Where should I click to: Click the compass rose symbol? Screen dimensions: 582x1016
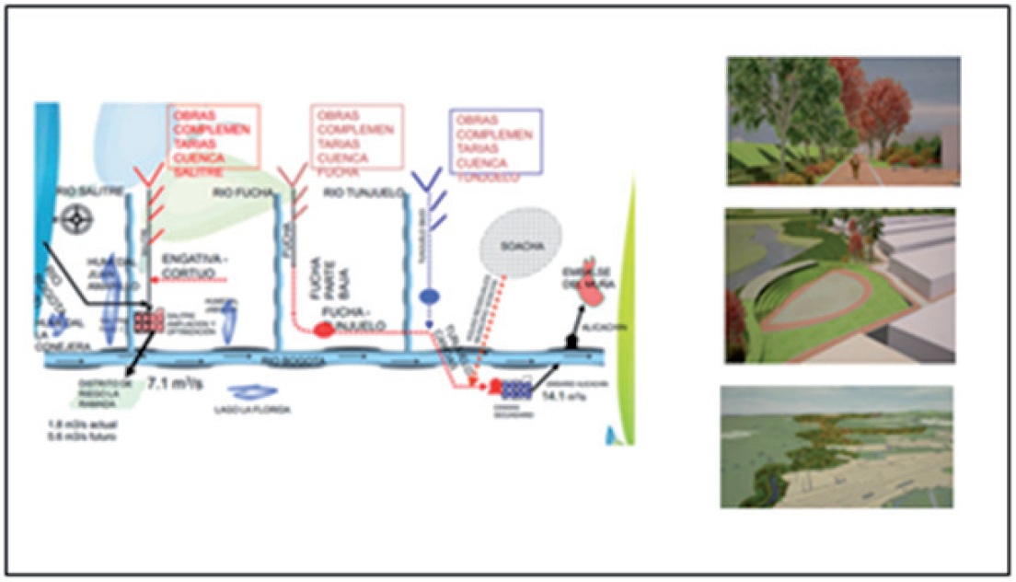pyautogui.click(x=75, y=218)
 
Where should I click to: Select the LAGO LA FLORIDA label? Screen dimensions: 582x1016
pyautogui.click(x=258, y=409)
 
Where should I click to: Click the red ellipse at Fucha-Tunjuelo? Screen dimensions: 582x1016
pyautogui.click(x=323, y=330)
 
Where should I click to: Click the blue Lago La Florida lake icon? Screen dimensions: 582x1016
pyautogui.click(x=247, y=390)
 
